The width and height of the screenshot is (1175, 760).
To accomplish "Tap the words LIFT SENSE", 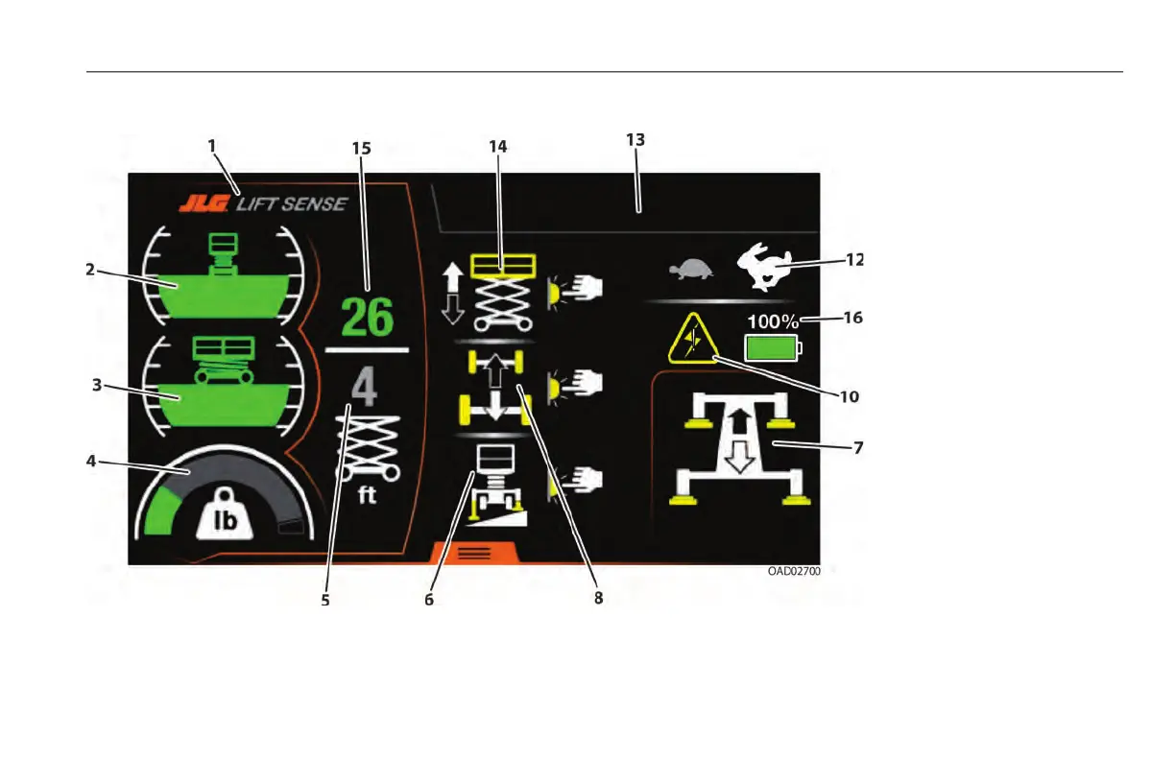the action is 292,204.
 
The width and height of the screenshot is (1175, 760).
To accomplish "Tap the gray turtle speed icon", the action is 690,271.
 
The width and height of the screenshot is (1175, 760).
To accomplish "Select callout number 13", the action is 635,139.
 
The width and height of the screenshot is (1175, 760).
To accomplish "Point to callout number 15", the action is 361,149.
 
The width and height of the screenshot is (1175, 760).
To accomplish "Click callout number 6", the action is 429,599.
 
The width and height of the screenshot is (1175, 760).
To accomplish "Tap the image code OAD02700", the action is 793,571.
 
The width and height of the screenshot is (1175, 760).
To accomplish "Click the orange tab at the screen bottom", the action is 476,553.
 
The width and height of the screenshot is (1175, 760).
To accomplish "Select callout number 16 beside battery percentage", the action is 849,319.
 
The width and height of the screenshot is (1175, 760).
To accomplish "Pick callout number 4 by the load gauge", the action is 91,461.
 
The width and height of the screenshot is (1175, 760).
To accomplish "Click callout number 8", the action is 598,597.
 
